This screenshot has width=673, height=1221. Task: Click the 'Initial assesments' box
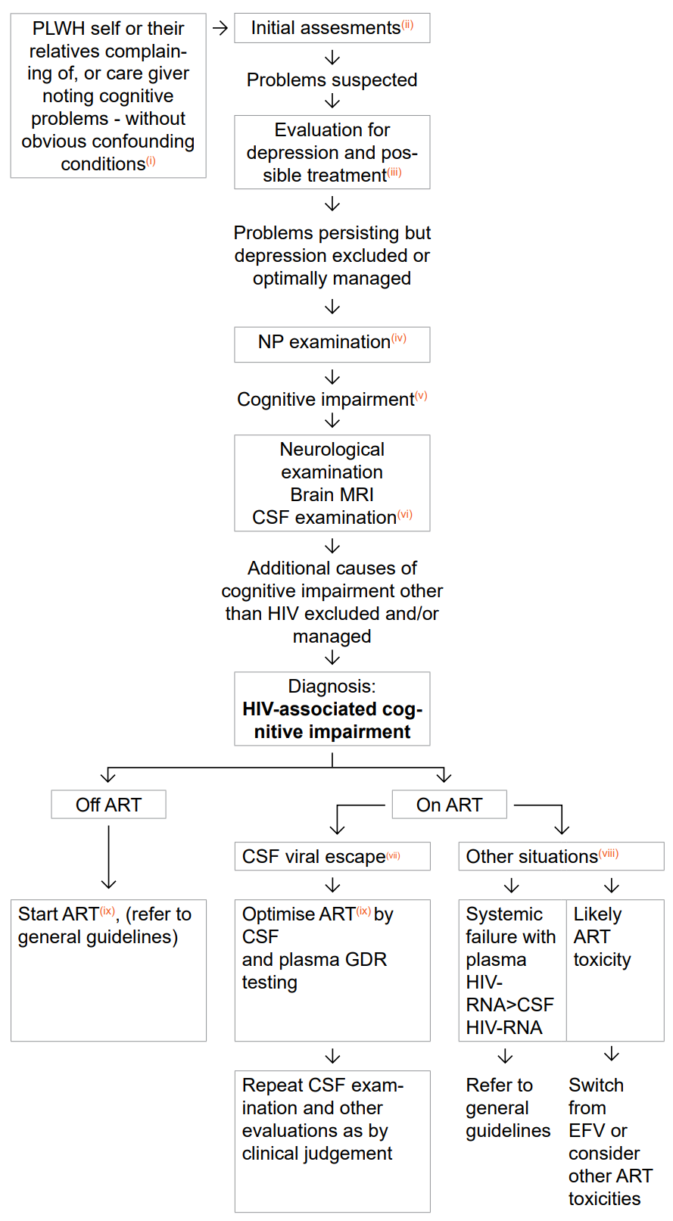(332, 28)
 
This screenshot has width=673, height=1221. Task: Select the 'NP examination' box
(332, 344)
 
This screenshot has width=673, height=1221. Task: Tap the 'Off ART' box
(108, 804)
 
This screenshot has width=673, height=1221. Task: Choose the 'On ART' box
(449, 804)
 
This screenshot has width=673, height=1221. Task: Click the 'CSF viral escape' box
(332, 856)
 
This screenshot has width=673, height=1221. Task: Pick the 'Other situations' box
(561, 856)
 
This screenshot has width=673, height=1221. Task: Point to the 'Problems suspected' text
(332, 79)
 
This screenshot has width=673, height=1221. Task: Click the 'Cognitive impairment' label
(332, 399)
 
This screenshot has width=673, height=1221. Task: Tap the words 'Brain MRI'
(332, 494)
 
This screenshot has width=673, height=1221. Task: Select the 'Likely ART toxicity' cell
(615, 970)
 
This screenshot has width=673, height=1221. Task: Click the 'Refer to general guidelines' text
(508, 1107)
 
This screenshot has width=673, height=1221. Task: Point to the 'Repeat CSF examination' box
(332, 1142)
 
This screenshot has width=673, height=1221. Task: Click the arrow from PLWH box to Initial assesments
(220, 28)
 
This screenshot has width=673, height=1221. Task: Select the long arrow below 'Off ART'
(108, 857)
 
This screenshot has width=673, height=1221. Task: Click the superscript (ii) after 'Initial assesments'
(407, 24)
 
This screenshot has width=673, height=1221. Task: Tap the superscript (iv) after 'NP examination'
(399, 338)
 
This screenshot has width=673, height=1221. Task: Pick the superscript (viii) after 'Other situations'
(609, 853)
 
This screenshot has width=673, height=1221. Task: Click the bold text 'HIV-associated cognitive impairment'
(332, 720)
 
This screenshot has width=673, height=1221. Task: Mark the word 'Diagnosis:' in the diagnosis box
(332, 686)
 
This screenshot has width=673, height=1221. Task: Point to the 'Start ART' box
(108, 970)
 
